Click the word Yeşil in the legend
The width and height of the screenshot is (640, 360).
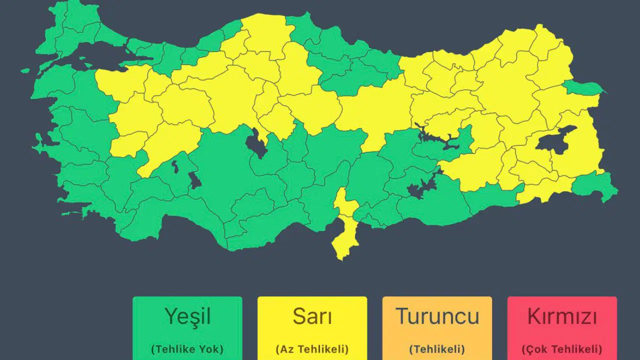(x=187, y=316)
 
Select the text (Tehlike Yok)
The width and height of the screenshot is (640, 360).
(x=187, y=349)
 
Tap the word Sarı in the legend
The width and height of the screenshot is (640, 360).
(x=312, y=316)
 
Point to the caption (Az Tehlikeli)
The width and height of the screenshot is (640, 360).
(x=312, y=349)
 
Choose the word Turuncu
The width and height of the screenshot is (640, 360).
(x=437, y=316)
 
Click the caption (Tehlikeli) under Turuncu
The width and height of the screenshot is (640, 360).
(x=437, y=349)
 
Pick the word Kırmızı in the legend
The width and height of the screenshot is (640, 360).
(x=562, y=316)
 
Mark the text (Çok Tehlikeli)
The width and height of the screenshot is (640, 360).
(x=562, y=349)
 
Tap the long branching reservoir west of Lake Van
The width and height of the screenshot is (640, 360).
(x=440, y=137)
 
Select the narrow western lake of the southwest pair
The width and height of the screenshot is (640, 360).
(x=175, y=166)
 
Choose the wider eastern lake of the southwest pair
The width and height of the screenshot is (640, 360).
(x=194, y=180)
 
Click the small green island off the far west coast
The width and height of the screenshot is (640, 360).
(x=25, y=70)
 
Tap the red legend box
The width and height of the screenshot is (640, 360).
(x=562, y=328)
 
